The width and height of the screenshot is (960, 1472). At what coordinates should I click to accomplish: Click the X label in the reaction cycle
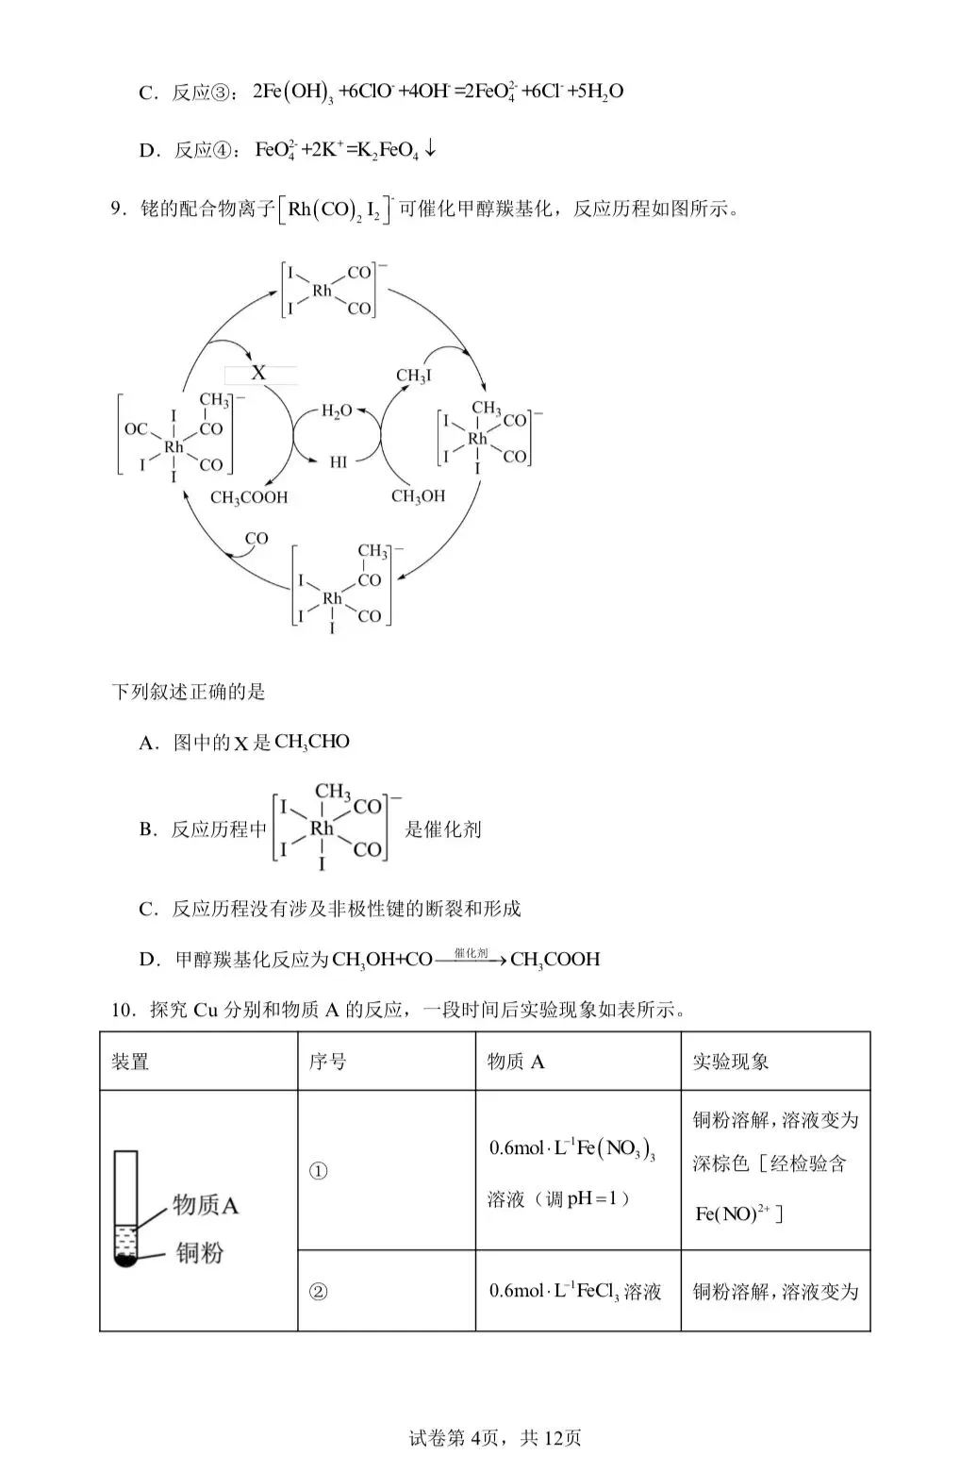click(258, 373)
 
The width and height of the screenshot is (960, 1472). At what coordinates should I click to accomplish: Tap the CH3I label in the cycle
click(414, 376)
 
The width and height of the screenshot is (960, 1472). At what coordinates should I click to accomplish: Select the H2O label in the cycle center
click(336, 410)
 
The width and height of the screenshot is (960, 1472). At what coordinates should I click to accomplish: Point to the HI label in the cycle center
click(338, 462)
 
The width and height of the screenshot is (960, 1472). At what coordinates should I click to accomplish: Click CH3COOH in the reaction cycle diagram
click(249, 497)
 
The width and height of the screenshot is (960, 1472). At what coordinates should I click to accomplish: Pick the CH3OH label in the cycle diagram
click(418, 495)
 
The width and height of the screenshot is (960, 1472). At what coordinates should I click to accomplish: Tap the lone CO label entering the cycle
click(257, 539)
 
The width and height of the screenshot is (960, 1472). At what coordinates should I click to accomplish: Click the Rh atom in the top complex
click(322, 291)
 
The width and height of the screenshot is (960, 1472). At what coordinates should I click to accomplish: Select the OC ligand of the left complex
click(136, 429)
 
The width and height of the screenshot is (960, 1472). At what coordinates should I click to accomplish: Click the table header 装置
click(130, 1062)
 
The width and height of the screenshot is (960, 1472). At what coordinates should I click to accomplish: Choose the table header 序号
click(327, 1062)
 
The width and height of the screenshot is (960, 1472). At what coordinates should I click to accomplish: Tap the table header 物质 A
click(516, 1062)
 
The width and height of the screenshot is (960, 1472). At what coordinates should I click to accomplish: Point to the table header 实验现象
click(731, 1062)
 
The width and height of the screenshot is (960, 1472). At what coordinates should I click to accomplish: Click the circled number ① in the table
click(319, 1171)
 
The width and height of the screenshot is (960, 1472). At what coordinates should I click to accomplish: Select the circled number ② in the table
click(319, 1291)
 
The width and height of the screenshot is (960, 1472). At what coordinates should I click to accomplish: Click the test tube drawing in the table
click(125, 1208)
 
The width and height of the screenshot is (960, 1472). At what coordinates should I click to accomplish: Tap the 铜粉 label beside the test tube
click(200, 1253)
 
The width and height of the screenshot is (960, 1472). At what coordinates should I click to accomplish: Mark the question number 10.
click(124, 1010)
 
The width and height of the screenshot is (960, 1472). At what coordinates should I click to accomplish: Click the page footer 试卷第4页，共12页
click(495, 1438)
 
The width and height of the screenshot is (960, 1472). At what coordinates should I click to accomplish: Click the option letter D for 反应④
click(146, 151)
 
